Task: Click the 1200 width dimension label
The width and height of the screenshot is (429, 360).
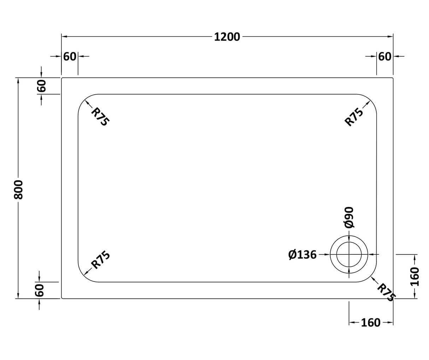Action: point(227,37)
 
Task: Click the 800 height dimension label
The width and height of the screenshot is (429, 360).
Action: point(18,190)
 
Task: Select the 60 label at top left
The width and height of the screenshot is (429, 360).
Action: point(70,56)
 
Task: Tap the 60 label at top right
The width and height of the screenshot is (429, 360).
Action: point(385,56)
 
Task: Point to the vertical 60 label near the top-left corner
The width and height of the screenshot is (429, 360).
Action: point(41,85)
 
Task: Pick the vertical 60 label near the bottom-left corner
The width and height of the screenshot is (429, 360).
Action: point(40,290)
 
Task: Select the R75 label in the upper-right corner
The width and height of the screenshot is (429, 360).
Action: point(354,117)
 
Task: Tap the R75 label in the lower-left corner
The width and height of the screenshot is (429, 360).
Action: point(100,260)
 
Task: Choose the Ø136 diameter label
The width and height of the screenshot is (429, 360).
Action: point(302,255)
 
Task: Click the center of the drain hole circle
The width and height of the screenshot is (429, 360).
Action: point(349,254)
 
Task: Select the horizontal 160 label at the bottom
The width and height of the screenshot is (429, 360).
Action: point(371,323)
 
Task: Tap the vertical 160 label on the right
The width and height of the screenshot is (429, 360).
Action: point(415,277)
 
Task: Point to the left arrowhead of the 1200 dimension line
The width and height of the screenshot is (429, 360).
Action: point(64,36)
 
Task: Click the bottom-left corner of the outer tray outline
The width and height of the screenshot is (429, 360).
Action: point(62,298)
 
